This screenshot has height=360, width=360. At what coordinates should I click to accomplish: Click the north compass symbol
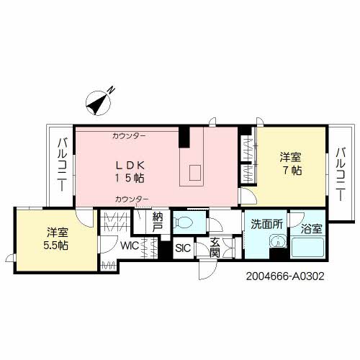point(99,102)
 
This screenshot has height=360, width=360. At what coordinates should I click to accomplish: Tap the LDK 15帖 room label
point(130,171)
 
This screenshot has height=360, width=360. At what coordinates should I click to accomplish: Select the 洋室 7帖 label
point(290,163)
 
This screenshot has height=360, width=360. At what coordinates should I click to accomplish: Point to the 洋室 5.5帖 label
point(56,239)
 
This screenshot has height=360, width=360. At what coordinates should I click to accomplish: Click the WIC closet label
point(130,246)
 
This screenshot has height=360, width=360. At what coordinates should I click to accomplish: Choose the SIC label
point(183,248)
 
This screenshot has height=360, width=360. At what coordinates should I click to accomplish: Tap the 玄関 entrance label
point(215,247)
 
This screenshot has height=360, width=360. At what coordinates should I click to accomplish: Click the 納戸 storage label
point(158,222)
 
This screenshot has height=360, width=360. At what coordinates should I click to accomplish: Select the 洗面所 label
point(266,224)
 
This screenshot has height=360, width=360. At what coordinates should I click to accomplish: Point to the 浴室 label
point(312,229)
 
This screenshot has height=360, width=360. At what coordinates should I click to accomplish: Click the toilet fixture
point(184,222)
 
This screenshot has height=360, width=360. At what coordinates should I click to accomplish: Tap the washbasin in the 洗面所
point(278,242)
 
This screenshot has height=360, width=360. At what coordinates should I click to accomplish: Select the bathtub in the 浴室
point(307,248)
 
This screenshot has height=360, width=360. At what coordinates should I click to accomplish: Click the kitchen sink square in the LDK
point(195,173)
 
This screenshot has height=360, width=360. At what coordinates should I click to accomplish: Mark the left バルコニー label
point(62,165)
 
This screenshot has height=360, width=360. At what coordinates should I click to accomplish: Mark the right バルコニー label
point(341,174)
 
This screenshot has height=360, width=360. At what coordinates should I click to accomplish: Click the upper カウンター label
point(129,136)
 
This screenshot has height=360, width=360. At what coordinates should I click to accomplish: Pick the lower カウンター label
point(132,199)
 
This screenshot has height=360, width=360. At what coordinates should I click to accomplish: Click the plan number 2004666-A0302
point(285,276)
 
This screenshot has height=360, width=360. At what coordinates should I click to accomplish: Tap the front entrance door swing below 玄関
point(207,270)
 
